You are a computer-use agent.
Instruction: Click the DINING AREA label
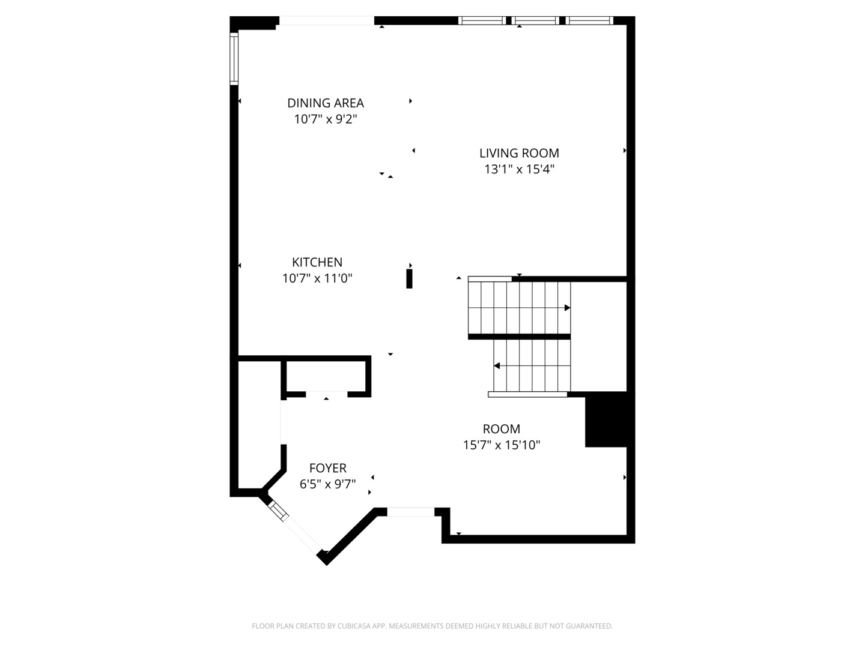(x=325, y=103)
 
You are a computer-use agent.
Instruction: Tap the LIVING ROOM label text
(x=519, y=153)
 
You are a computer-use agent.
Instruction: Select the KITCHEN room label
(x=317, y=262)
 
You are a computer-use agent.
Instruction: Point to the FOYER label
(x=327, y=468)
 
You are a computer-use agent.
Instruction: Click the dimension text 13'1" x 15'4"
(x=519, y=169)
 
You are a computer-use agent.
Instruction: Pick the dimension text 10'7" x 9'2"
(x=325, y=119)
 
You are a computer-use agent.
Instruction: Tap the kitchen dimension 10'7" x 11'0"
(x=317, y=278)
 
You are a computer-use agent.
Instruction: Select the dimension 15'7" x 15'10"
(x=502, y=445)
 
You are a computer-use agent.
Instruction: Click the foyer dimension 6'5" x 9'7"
(x=327, y=484)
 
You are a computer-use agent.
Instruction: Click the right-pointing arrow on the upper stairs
(x=567, y=308)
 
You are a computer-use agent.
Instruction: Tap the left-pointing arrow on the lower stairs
(x=497, y=365)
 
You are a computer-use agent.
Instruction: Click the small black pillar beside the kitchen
(x=409, y=279)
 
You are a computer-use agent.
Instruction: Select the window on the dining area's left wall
(x=234, y=58)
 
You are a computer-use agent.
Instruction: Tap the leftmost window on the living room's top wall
(x=482, y=20)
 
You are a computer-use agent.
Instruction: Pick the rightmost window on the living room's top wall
(x=589, y=20)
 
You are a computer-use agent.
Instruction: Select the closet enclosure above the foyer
(x=325, y=376)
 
